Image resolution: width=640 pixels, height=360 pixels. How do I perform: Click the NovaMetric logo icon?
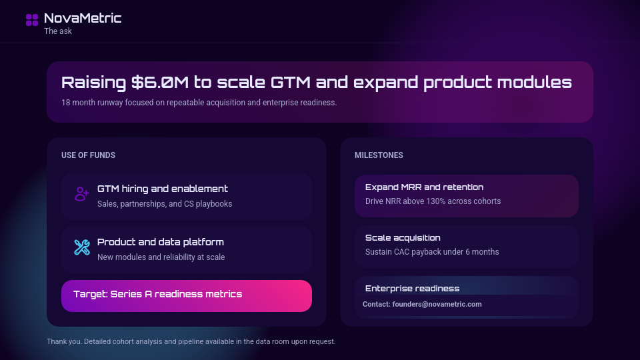pos(32,20)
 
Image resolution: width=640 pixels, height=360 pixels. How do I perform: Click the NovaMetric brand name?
pos(83,18)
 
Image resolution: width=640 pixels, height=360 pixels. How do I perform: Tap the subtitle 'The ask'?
pos(58,31)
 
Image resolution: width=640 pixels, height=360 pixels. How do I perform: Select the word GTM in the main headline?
pos(290,83)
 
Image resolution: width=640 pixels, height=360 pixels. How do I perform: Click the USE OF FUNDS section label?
pos(88,155)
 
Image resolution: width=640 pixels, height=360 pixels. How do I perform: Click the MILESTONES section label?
pos(379,155)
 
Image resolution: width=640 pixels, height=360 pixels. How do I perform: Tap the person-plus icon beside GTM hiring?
pos(82,194)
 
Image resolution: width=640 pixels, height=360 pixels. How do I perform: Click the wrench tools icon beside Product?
pos(82,247)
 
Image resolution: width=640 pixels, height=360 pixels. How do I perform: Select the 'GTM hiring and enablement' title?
pos(163,189)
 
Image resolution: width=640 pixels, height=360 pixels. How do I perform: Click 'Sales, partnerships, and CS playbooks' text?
pos(165,204)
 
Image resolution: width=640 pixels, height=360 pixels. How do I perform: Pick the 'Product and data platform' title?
pos(161,242)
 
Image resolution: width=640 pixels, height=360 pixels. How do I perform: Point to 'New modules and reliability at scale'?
pos(161,257)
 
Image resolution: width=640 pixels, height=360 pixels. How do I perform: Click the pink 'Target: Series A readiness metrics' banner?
pos(186,295)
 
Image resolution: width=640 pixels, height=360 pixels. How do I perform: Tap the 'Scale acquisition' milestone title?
pos(403,238)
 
